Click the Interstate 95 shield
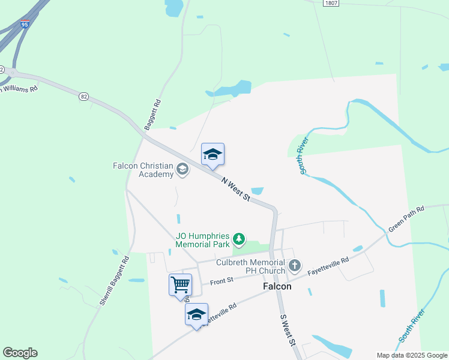25,25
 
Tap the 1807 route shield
330,3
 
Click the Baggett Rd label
153,115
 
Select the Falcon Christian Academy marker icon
182,172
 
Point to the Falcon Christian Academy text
143,170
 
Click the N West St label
235,189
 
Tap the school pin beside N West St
212,156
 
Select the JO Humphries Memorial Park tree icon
240,240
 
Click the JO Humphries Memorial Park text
203,240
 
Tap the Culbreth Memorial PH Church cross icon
294,265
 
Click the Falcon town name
277,287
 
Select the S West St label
289,331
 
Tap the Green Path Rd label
406,219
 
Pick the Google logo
20,353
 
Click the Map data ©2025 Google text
412,355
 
